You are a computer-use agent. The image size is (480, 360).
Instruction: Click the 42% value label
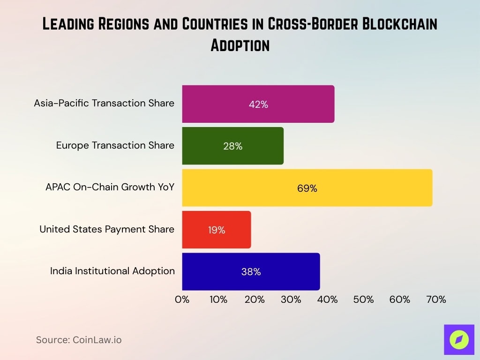(x=258, y=105)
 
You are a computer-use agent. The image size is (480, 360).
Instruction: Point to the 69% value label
(x=307, y=188)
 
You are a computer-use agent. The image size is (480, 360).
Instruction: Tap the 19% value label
(x=217, y=230)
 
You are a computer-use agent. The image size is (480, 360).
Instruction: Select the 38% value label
(x=251, y=272)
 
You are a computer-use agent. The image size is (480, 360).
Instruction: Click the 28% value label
(x=232, y=146)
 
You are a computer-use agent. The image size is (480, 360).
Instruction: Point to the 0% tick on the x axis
(x=182, y=300)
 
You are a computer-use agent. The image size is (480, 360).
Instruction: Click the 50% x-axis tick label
(x=363, y=300)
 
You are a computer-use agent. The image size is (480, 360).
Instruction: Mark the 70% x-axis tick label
(x=436, y=300)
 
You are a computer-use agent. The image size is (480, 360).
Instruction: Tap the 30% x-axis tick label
(x=291, y=300)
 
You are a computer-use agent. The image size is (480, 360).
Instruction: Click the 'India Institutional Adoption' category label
(x=112, y=271)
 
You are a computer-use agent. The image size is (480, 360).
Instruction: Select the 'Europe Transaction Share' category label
(x=115, y=145)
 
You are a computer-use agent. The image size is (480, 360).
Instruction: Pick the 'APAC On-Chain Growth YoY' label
(x=110, y=187)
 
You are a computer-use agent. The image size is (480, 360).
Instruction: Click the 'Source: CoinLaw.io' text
(x=79, y=340)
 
